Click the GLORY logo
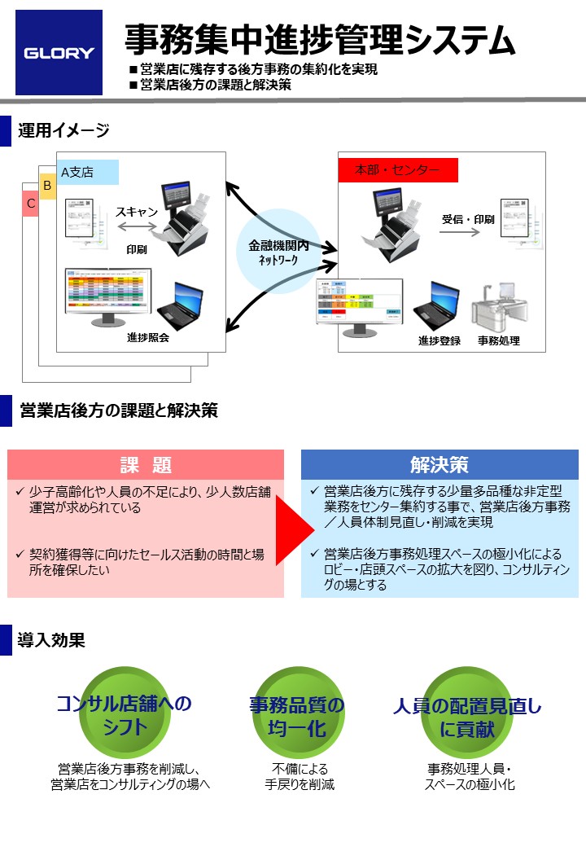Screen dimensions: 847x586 click(x=59, y=53)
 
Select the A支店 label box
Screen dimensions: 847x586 click(x=89, y=172)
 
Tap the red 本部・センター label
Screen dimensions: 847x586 click(x=398, y=170)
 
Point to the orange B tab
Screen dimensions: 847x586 click(x=47, y=187)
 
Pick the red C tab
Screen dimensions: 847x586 click(x=31, y=203)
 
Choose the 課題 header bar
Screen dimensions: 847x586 click(x=146, y=465)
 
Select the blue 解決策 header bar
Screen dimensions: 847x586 click(x=439, y=465)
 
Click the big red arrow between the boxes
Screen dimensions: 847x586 click(x=294, y=525)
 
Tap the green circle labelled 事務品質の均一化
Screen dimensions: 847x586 click(x=295, y=716)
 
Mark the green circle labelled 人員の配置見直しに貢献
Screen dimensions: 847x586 click(x=466, y=716)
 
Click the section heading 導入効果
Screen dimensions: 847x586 click(x=51, y=640)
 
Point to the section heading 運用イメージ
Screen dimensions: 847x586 click(x=63, y=130)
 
